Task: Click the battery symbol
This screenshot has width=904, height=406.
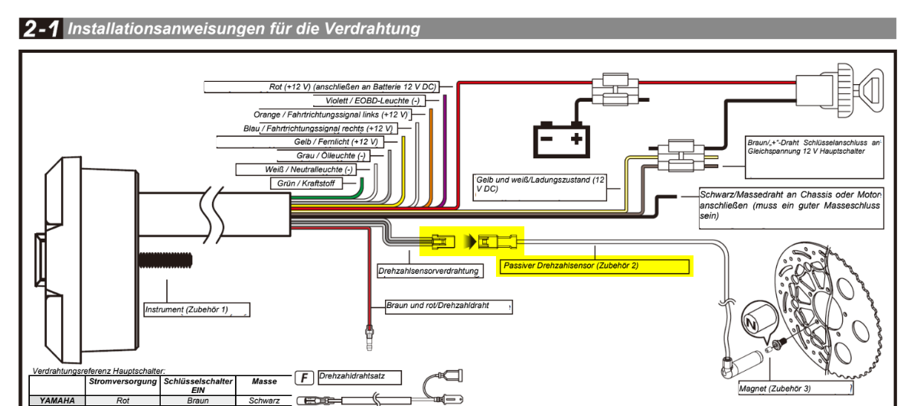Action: click(562, 138)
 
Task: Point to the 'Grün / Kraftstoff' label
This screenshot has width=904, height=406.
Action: click(307, 184)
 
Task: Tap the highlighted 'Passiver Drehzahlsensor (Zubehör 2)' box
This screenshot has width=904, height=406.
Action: click(594, 267)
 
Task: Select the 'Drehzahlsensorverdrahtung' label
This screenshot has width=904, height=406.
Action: click(429, 271)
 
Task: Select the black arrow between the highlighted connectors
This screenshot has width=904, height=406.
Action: click(471, 242)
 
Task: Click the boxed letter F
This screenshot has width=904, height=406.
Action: click(304, 378)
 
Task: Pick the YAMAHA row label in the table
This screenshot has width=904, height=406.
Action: click(57, 401)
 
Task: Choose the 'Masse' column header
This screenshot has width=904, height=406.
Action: click(264, 382)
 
